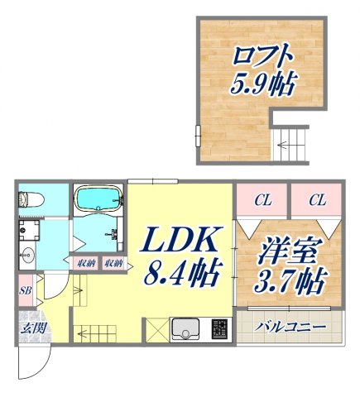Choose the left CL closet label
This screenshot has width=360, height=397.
pos(262,199)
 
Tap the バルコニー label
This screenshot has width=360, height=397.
pos(290,326)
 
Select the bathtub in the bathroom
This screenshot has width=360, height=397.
pos(98,199)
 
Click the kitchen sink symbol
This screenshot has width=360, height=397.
pos(188,329)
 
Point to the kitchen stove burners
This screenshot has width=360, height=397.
pos(219,329)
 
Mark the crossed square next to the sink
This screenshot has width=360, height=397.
pos(156,329)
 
